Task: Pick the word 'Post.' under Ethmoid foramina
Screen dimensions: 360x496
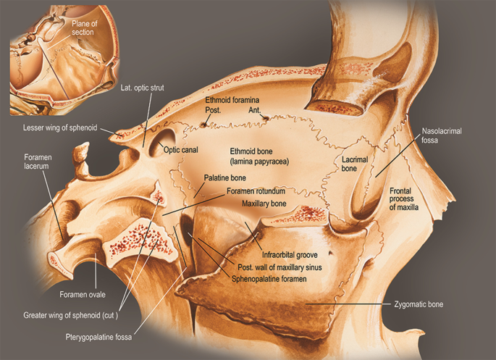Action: pos(213,110)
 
